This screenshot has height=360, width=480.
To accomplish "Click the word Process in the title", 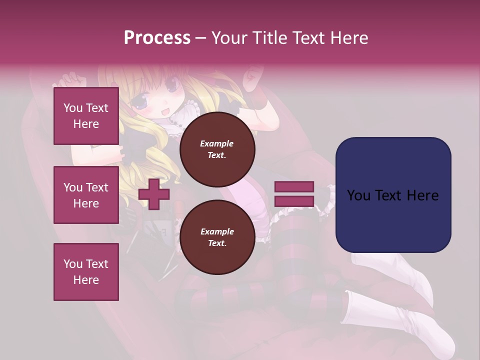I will pos(157,38).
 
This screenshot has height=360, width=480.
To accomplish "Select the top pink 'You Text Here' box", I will pos(86,116).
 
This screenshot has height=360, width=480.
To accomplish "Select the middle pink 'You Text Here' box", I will pos(86,195).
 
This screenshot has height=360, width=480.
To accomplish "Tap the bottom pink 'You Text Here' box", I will pos(86,271).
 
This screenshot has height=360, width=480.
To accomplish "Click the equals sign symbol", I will pos(294,194).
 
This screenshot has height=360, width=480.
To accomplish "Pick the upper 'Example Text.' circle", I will pos(217,149).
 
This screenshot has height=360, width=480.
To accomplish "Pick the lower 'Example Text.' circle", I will pos(217,237).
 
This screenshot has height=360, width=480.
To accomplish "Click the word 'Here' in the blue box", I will pos(422,195).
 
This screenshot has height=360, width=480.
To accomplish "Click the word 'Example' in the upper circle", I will pos(217,143).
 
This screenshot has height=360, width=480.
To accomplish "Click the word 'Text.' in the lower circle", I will pos(217,243).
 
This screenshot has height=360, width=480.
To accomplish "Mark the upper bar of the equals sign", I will pos(294,187).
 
